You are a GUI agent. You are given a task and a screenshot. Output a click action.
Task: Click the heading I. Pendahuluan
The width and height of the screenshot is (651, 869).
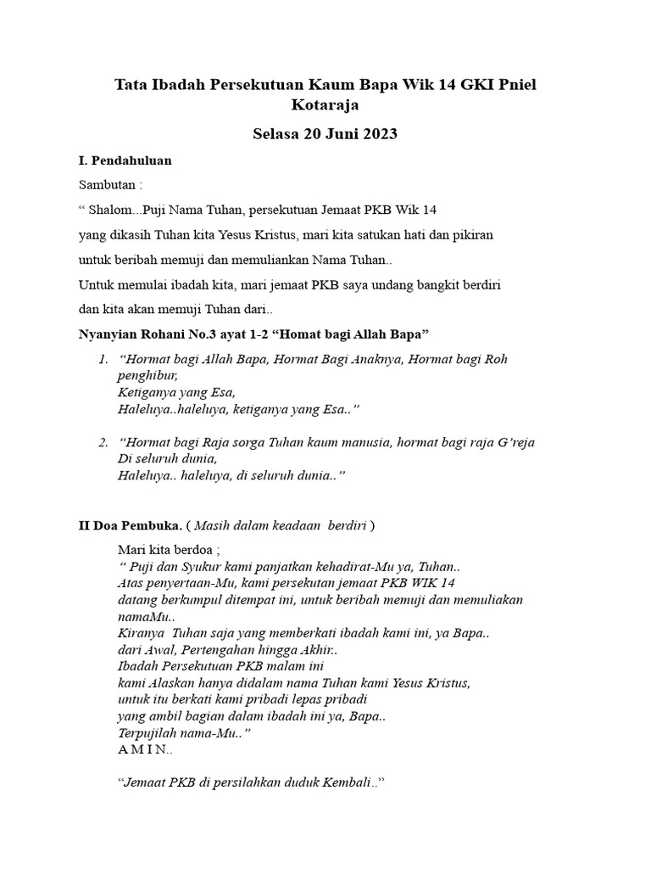(125, 160)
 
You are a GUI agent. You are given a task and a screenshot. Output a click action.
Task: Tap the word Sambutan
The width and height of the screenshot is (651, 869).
(107, 185)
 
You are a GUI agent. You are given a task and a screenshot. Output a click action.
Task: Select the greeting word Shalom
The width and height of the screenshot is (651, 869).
(114, 210)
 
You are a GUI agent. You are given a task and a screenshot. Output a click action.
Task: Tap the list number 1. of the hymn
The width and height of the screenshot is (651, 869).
(103, 360)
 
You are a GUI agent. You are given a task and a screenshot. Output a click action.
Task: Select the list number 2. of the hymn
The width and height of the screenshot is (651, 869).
(103, 443)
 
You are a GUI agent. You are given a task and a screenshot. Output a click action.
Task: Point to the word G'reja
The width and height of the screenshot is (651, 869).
(512, 443)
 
